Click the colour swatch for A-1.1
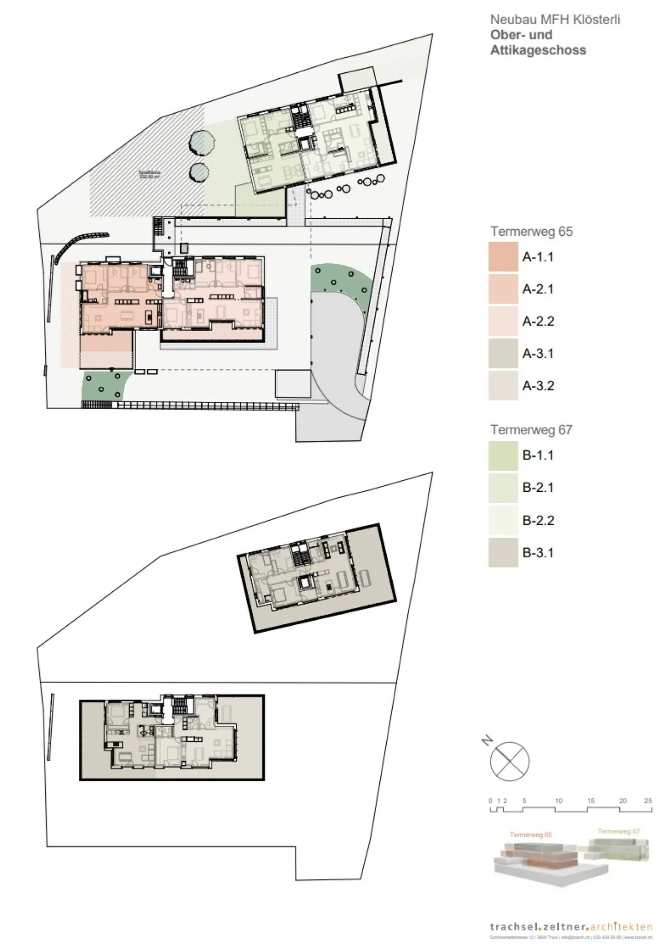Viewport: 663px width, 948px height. [x=503, y=257]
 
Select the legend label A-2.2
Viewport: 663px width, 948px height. [x=538, y=321]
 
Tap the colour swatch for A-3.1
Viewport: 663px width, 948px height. [x=503, y=354]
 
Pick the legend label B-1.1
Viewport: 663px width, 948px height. [x=538, y=455]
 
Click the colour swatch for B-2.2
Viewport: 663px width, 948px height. [x=503, y=520]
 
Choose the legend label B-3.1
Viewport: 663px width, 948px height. [x=538, y=553]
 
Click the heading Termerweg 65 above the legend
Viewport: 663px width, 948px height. [x=531, y=231]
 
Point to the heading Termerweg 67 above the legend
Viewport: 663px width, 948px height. [x=531, y=430]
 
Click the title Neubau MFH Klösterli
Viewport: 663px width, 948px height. [x=555, y=19]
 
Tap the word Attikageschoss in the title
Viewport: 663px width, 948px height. [x=538, y=50]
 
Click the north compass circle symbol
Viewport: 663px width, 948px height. [x=510, y=762]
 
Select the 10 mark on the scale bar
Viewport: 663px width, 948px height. [x=558, y=801]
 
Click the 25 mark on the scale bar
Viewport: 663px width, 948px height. [x=648, y=801]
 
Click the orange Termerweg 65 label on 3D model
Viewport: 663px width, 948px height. [x=530, y=835]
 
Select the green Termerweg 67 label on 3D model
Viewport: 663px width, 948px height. [x=618, y=832]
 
